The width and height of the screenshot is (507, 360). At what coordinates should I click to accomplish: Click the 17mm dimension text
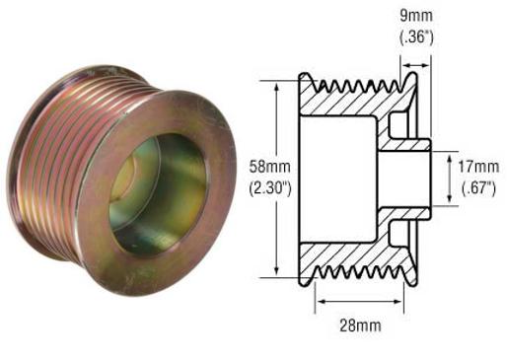479,165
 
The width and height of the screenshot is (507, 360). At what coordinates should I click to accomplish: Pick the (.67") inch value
479,183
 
